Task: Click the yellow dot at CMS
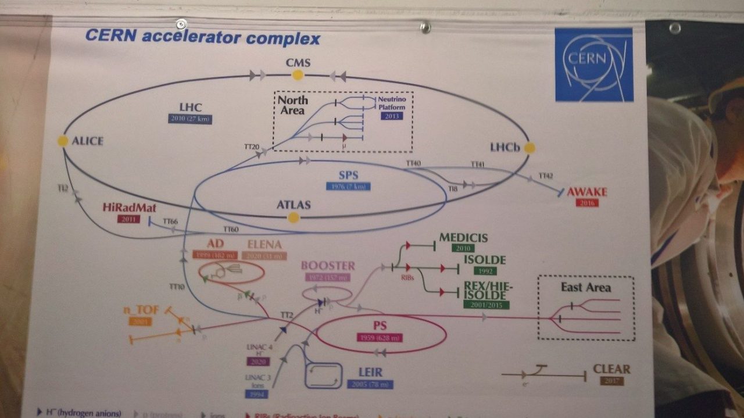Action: tap(298, 74)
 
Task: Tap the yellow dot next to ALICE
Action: tap(62, 141)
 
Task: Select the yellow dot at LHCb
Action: tap(529, 148)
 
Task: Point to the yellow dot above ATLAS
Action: tap(294, 217)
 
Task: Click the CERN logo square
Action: tap(593, 65)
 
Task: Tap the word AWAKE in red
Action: tap(587, 192)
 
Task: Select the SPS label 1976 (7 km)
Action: tap(348, 187)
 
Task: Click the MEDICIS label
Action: tap(463, 238)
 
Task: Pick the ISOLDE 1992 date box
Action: tap(484, 270)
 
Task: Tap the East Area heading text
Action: tap(586, 288)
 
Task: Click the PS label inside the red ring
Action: tap(380, 326)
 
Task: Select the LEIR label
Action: tap(370, 373)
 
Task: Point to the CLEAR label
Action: tap(611, 369)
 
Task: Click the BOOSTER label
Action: tap(328, 266)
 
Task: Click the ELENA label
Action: tap(264, 245)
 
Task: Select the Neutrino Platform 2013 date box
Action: tap(391, 116)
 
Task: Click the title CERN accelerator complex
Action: tap(202, 38)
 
